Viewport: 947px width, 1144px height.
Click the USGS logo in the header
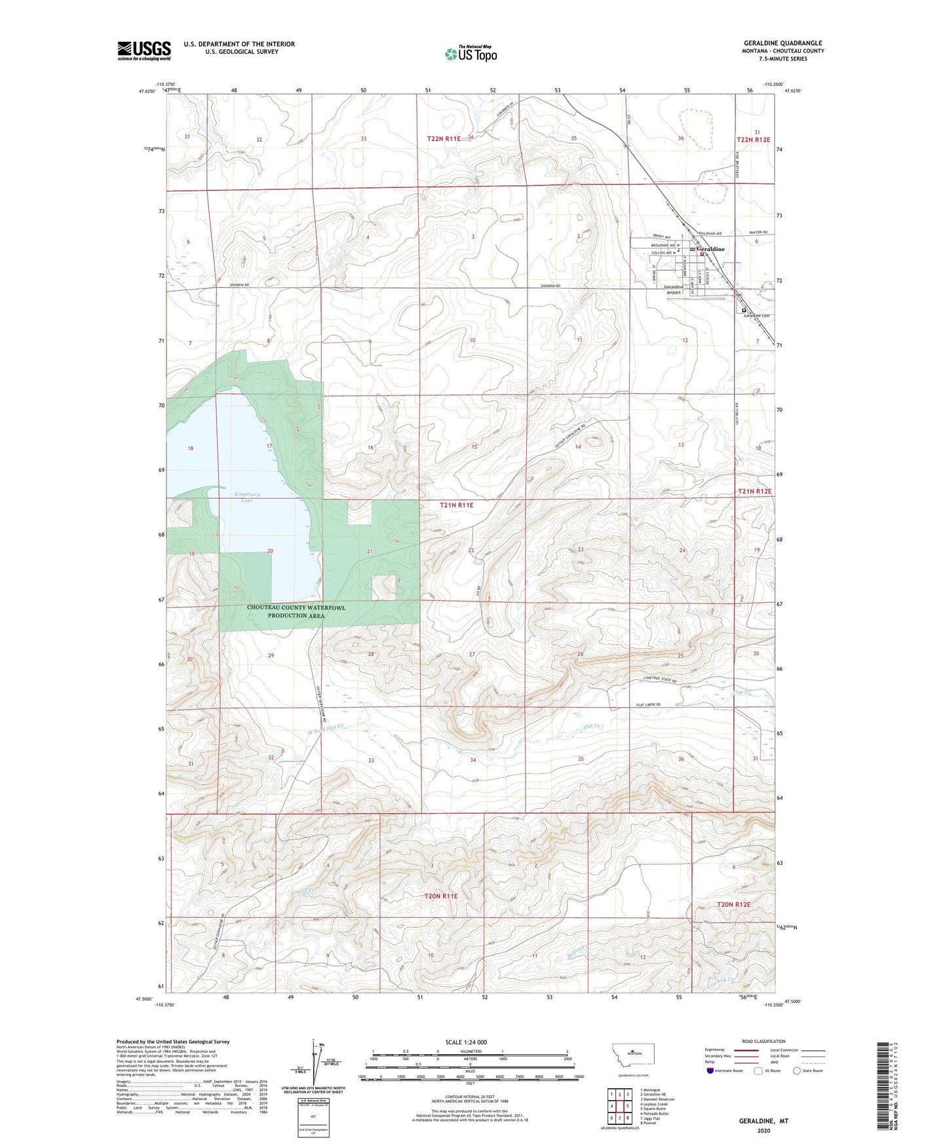(x=144, y=50)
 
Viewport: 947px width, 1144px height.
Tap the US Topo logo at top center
(x=470, y=54)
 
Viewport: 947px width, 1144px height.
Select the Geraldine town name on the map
(x=711, y=250)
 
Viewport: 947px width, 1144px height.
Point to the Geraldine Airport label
(x=673, y=290)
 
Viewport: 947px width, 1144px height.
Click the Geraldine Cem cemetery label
(x=756, y=316)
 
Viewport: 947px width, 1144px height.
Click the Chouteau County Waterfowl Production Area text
(x=296, y=611)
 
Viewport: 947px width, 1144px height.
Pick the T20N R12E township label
(x=733, y=904)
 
